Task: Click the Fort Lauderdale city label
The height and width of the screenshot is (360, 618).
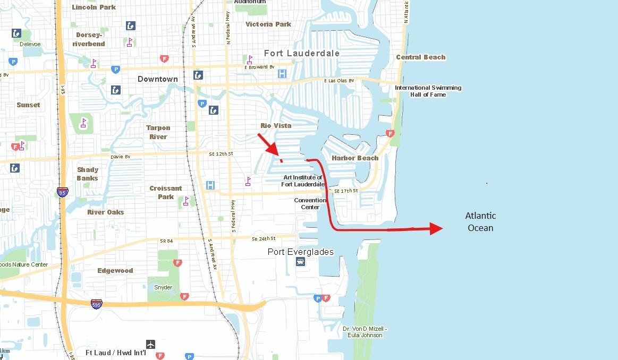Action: [302, 54]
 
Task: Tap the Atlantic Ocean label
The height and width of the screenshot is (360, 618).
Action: [480, 222]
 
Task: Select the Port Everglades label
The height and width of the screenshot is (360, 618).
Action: [300, 252]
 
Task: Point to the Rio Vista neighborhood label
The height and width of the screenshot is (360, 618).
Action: [276, 125]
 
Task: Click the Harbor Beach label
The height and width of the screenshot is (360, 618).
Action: [355, 158]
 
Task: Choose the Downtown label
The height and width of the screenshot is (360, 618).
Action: [158, 79]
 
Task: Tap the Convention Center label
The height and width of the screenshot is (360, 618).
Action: [310, 203]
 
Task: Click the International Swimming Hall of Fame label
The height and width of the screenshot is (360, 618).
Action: [428, 91]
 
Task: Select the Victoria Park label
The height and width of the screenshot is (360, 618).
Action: [268, 24]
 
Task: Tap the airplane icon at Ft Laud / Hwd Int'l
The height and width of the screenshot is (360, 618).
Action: [151, 344]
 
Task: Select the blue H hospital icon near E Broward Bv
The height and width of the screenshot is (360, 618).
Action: [282, 74]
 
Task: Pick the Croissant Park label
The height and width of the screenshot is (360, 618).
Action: [166, 192]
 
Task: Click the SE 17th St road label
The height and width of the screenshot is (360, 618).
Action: [346, 191]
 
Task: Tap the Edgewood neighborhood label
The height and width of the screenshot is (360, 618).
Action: [115, 270]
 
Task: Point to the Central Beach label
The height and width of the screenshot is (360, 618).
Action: [421, 57]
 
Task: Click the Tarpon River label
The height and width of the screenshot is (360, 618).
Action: [158, 132]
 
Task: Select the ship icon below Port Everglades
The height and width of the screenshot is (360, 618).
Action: [300, 262]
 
